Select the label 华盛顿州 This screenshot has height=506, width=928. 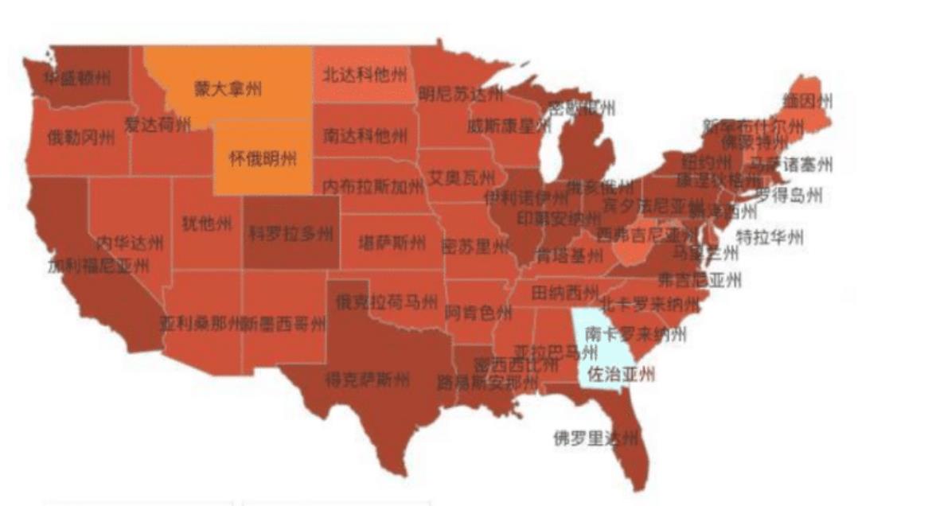point(76,78)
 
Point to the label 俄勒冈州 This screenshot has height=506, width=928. point(80,137)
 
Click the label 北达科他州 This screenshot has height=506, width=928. point(365,76)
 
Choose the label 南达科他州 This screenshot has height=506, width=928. point(365,135)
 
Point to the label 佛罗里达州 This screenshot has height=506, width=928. point(596,438)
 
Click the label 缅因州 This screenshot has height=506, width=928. point(806,101)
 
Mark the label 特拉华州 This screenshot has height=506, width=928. point(770,236)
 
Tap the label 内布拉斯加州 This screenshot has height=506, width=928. point(372,186)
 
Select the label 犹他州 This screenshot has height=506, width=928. point(207,224)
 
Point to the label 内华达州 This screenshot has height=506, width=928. point(130,242)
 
